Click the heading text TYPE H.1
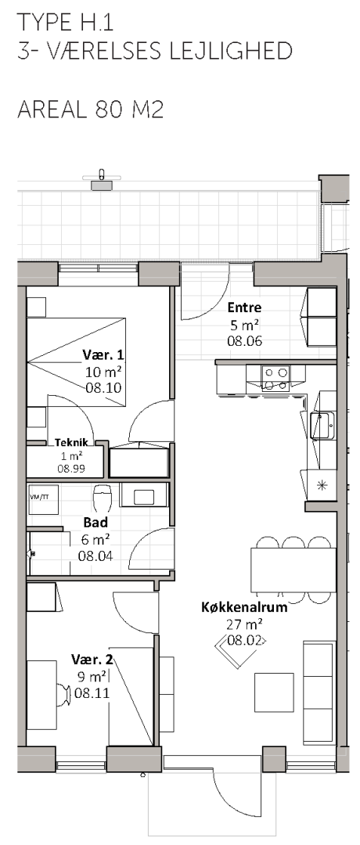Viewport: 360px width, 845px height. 65,23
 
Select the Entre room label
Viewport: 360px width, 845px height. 244,307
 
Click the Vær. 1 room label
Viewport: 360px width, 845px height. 103,354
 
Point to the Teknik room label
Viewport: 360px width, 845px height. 71,442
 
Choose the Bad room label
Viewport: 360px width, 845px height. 95,522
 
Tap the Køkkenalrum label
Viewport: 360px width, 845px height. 244,608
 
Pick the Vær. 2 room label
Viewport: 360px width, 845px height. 92,660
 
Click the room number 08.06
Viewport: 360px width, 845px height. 245,340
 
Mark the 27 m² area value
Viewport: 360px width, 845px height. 245,624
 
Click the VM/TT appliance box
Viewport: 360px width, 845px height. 43,499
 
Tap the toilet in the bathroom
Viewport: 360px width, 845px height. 102,498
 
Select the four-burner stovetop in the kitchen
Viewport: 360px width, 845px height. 275,377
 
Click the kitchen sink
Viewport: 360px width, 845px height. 322,425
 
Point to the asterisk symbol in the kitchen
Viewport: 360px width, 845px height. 322,485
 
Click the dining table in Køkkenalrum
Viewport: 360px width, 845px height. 293,570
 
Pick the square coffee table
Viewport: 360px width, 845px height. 275,692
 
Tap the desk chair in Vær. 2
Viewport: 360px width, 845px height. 63,695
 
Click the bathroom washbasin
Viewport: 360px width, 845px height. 144,496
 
